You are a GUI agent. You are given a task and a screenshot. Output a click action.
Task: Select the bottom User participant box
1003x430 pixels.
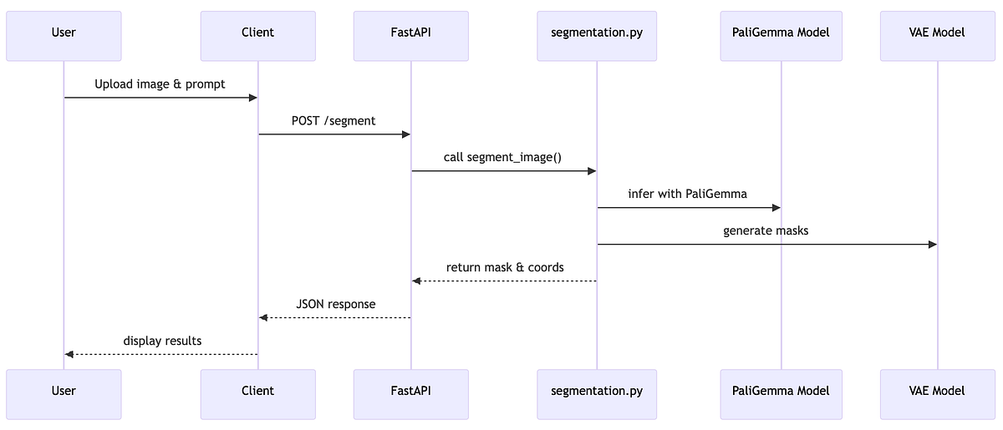click(64, 391)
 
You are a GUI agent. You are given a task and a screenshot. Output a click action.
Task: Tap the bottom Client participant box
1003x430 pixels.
click(257, 391)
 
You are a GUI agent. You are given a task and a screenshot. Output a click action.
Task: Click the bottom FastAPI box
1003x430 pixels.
click(410, 391)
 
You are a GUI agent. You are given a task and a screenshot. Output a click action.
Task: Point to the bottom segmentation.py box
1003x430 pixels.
click(596, 391)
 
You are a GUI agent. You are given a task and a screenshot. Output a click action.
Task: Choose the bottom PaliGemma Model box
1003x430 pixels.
click(781, 391)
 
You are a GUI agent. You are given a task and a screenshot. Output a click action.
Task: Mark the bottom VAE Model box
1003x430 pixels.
click(937, 391)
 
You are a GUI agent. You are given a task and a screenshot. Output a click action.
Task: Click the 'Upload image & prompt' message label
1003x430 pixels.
click(160, 84)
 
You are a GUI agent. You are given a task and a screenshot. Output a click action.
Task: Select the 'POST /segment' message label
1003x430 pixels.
click(333, 121)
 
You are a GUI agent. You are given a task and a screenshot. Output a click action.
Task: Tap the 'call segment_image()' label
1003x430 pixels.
click(503, 157)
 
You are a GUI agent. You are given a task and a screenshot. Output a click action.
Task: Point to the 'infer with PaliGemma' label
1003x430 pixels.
click(688, 194)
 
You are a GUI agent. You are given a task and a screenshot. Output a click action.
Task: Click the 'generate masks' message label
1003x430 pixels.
click(766, 230)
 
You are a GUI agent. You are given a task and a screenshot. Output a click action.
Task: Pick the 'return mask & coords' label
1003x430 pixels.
click(505, 267)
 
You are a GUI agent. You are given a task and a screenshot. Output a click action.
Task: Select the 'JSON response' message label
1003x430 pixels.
click(336, 304)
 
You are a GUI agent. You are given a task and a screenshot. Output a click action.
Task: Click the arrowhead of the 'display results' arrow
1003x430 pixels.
click(69, 355)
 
